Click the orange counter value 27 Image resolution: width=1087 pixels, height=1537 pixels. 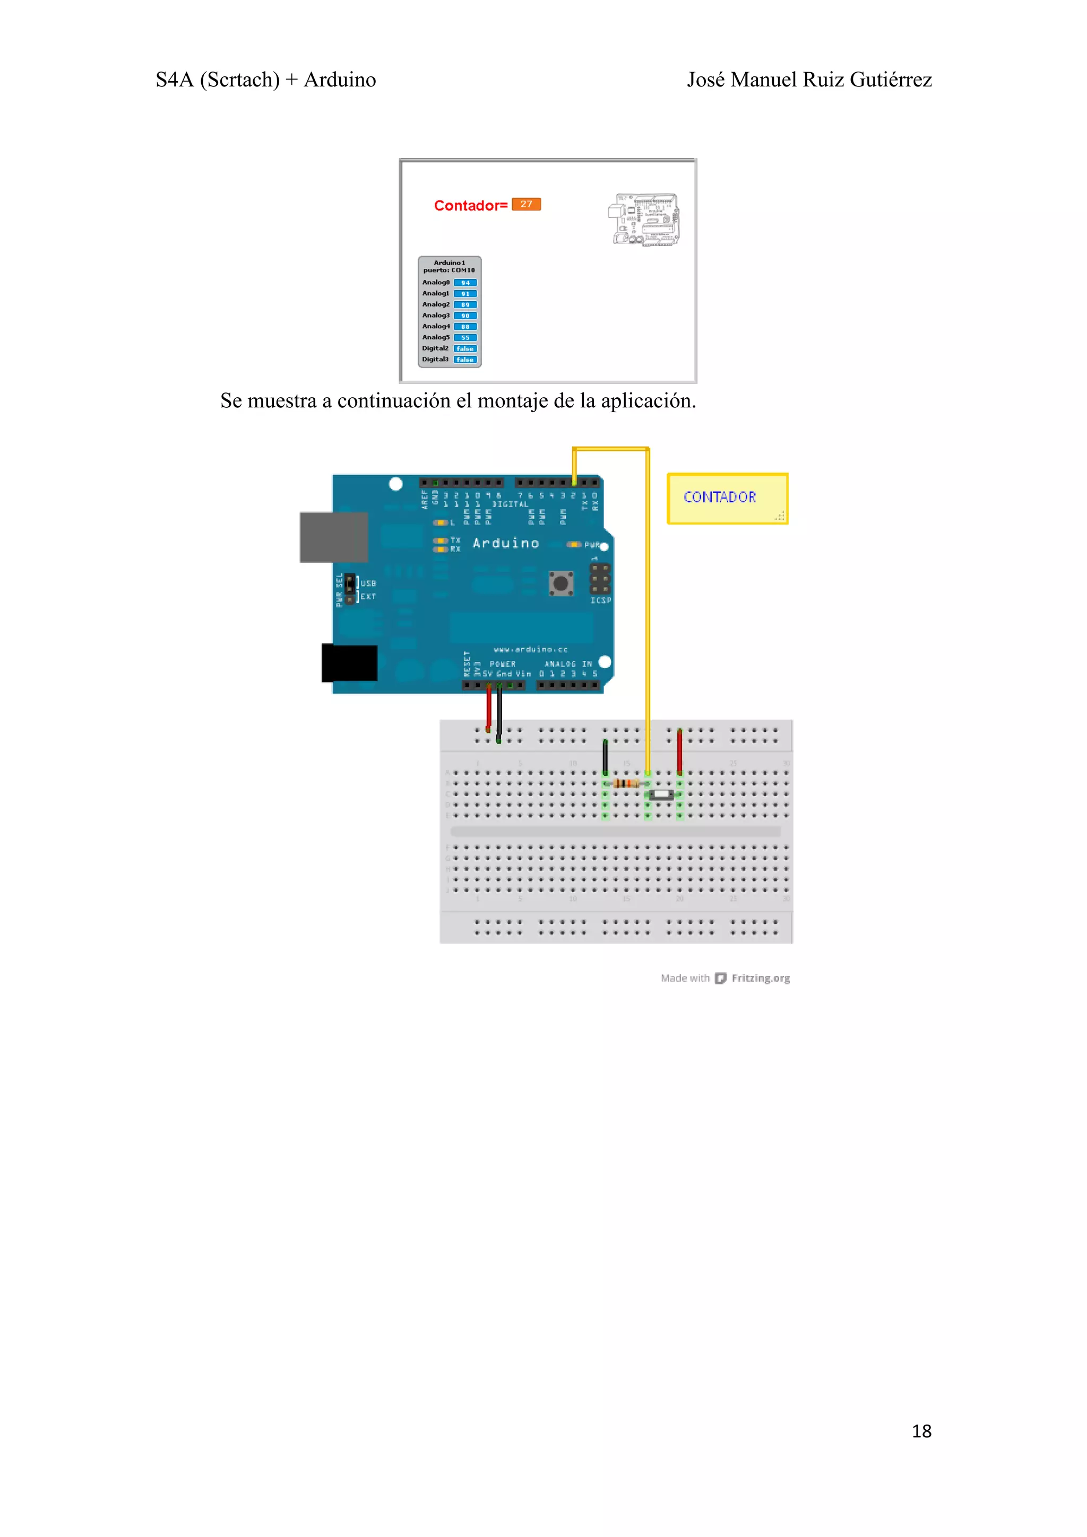click(x=526, y=204)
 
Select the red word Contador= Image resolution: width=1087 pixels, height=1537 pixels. click(x=470, y=205)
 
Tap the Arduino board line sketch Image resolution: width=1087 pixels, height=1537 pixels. click(x=645, y=220)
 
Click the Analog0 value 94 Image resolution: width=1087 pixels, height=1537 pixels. click(x=465, y=283)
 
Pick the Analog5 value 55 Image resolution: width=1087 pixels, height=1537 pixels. click(x=465, y=338)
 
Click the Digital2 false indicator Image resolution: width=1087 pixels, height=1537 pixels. click(x=465, y=349)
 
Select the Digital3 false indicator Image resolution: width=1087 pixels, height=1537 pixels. click(x=465, y=360)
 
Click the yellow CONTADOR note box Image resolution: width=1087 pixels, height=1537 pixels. click(x=727, y=498)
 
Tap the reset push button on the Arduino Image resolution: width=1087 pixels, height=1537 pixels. click(x=561, y=583)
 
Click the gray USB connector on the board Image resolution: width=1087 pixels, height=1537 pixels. click(x=333, y=537)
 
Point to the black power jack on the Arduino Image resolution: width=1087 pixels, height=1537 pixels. click(x=350, y=663)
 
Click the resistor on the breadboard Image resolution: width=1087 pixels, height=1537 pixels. click(x=626, y=783)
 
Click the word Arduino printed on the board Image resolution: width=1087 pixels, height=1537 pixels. click(x=506, y=543)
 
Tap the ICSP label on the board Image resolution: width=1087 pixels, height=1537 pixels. click(x=600, y=600)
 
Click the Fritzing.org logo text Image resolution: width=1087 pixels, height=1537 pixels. click(x=760, y=978)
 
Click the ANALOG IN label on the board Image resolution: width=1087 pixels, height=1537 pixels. click(x=568, y=664)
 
